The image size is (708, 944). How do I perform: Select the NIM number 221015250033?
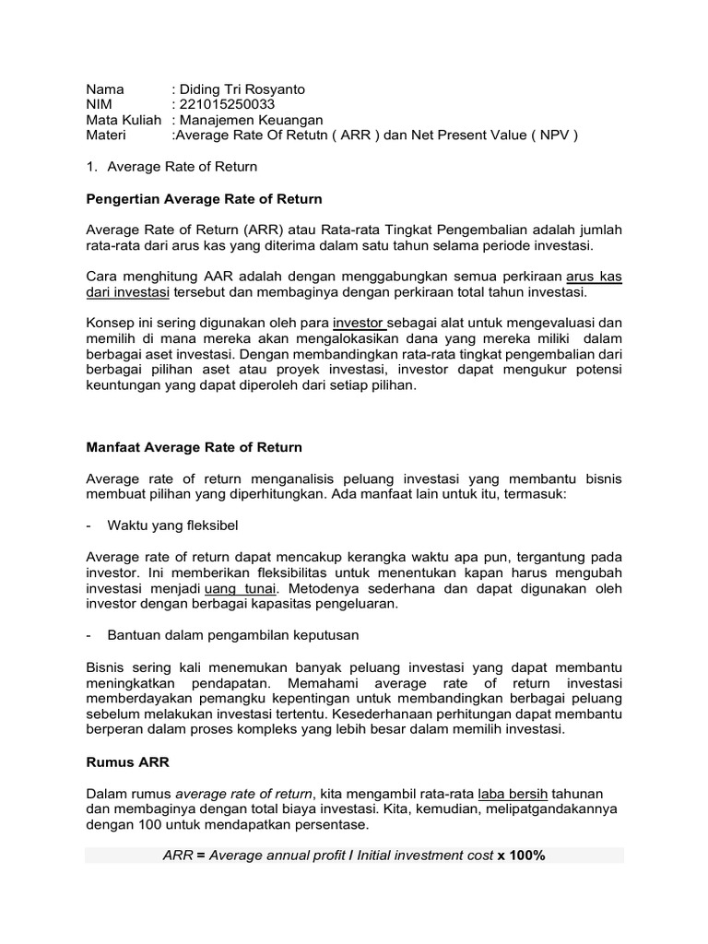coord(227,104)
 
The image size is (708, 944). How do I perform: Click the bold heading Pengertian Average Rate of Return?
coord(204,198)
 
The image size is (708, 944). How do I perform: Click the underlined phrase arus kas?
coord(594,276)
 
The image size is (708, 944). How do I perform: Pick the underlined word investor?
coord(359,323)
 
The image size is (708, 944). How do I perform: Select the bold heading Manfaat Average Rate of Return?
coord(194,447)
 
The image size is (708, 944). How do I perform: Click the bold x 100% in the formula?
coord(521,855)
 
